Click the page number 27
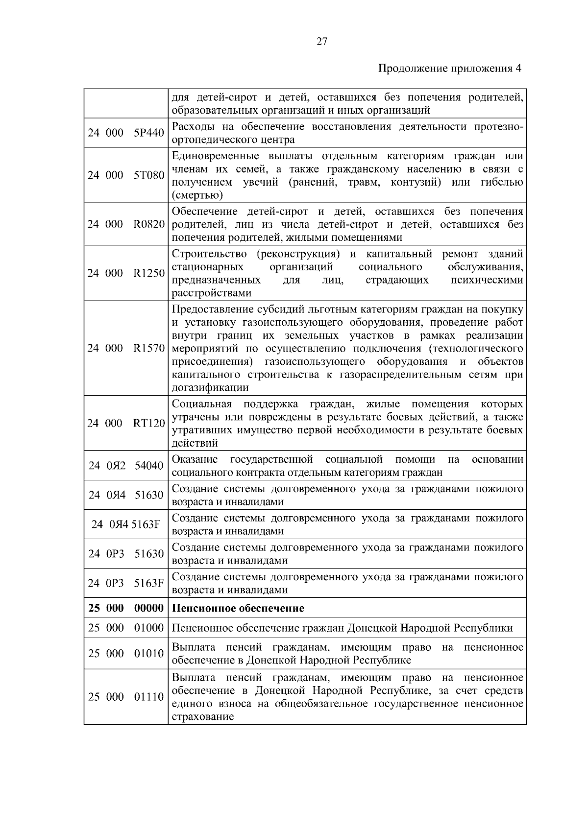click(321, 41)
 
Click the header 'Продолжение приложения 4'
click(450, 69)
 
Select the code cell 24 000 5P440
click(126, 133)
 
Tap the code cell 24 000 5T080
click(126, 175)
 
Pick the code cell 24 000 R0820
click(126, 224)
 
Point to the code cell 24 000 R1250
click(126, 273)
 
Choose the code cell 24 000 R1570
click(126, 348)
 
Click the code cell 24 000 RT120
click(126, 423)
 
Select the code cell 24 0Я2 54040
click(126, 465)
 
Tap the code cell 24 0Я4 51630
click(126, 495)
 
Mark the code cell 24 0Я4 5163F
click(126, 524)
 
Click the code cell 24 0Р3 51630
click(126, 553)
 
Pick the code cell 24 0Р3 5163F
click(126, 583)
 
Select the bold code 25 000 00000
click(126, 608)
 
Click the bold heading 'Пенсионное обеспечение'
click(238, 608)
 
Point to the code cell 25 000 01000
click(126, 628)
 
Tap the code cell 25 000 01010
click(126, 653)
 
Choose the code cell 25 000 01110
click(126, 696)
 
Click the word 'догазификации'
click(210, 388)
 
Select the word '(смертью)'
click(197, 195)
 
